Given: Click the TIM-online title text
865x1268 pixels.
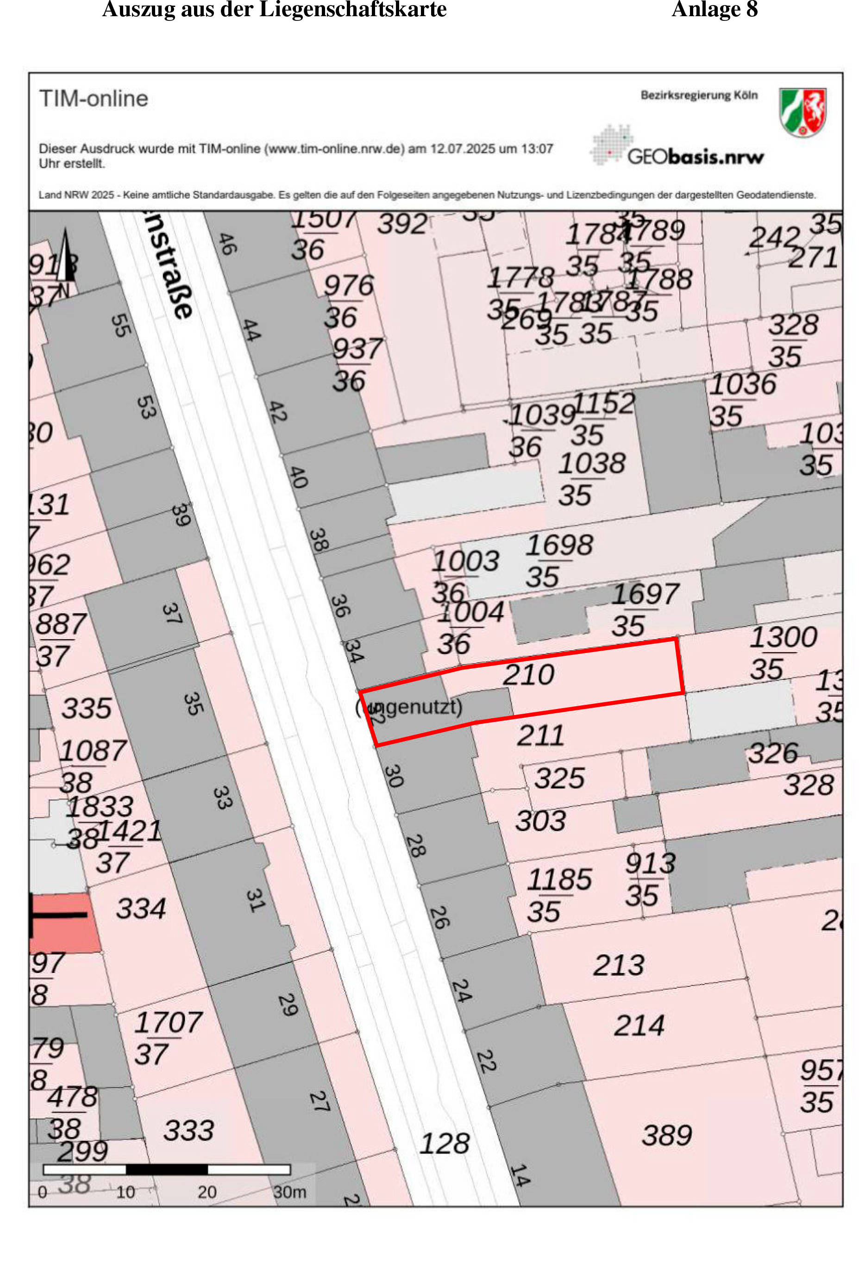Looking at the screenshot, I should [94, 99].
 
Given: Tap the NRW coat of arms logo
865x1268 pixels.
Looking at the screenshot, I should [802, 112].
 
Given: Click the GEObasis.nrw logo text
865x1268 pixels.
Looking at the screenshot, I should [696, 157].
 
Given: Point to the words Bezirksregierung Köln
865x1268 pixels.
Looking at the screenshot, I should [699, 95].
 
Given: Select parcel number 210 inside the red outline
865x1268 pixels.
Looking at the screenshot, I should [528, 675].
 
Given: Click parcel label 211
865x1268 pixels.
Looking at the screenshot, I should [540, 735].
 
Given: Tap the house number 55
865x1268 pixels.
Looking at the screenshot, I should [120, 325].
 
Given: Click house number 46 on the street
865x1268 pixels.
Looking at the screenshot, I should [227, 244].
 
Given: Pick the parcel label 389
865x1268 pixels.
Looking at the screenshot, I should [666, 1136].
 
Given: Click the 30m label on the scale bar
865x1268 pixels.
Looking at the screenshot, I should [289, 1192].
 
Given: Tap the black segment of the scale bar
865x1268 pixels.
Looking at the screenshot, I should [167, 1169].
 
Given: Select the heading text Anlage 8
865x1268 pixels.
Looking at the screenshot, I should [715, 9].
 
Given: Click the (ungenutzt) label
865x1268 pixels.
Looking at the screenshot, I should [409, 707].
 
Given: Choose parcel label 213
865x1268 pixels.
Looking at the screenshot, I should [619, 965].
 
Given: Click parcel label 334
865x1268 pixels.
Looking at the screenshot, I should [141, 909].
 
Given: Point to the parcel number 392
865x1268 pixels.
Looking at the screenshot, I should [402, 224].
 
